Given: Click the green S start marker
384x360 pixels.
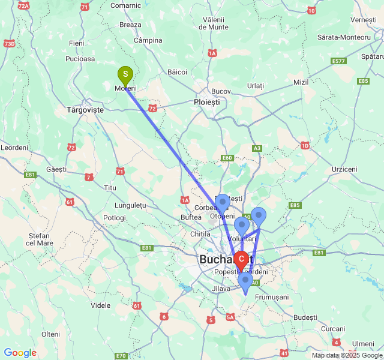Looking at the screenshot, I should coord(125,76).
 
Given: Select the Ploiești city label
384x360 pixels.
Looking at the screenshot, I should coord(207,103).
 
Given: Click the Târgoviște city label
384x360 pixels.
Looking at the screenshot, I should coord(85,110).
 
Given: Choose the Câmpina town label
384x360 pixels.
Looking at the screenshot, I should coord(148,40).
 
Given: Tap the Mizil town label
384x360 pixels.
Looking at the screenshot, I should coord(300,82).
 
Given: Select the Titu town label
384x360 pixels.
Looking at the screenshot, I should coord(110,188).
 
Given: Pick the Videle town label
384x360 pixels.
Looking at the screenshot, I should coord(100,305).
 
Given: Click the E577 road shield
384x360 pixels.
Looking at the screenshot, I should coord(339,61).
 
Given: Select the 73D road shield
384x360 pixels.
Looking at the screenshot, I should coord(10,43).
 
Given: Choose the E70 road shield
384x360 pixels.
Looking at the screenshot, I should coord(121,356).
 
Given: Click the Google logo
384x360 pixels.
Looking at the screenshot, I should coord(20,353).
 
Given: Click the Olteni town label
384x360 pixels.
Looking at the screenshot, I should coord(51,334).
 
